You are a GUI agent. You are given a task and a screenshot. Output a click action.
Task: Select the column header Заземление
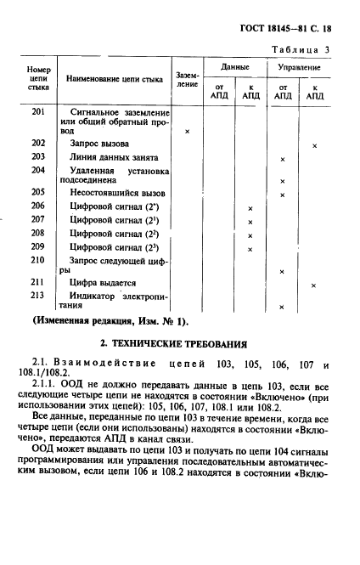click(187, 79)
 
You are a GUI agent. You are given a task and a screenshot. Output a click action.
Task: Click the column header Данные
click(235, 67)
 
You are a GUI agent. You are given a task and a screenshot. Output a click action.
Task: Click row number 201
click(38, 112)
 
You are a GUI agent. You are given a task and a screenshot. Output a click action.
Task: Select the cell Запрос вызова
click(100, 144)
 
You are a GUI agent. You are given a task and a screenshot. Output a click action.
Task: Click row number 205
click(38, 193)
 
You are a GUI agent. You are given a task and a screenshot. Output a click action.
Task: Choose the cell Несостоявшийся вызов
click(117, 193)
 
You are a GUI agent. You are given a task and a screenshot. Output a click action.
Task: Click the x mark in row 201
click(187, 132)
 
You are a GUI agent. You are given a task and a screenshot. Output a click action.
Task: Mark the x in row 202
click(314, 146)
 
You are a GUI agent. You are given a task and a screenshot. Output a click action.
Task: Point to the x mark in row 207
click(250, 222)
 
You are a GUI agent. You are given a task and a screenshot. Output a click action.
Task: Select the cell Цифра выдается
click(103, 282)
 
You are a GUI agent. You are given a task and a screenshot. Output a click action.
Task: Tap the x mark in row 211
click(313, 285)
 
